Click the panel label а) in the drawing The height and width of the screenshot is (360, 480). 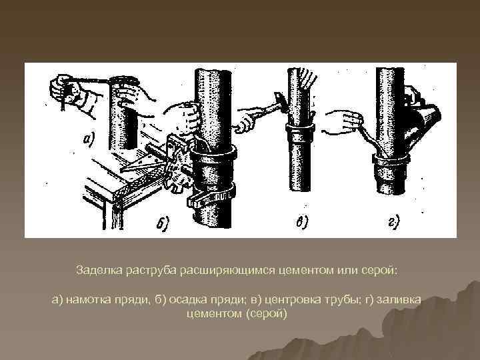[x=89, y=140]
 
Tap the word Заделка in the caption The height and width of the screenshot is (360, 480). [x=99, y=270]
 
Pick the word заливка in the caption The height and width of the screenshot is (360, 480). [x=399, y=299]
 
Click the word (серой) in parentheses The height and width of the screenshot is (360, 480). [x=267, y=314]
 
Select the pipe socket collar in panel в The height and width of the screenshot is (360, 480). [x=300, y=127]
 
